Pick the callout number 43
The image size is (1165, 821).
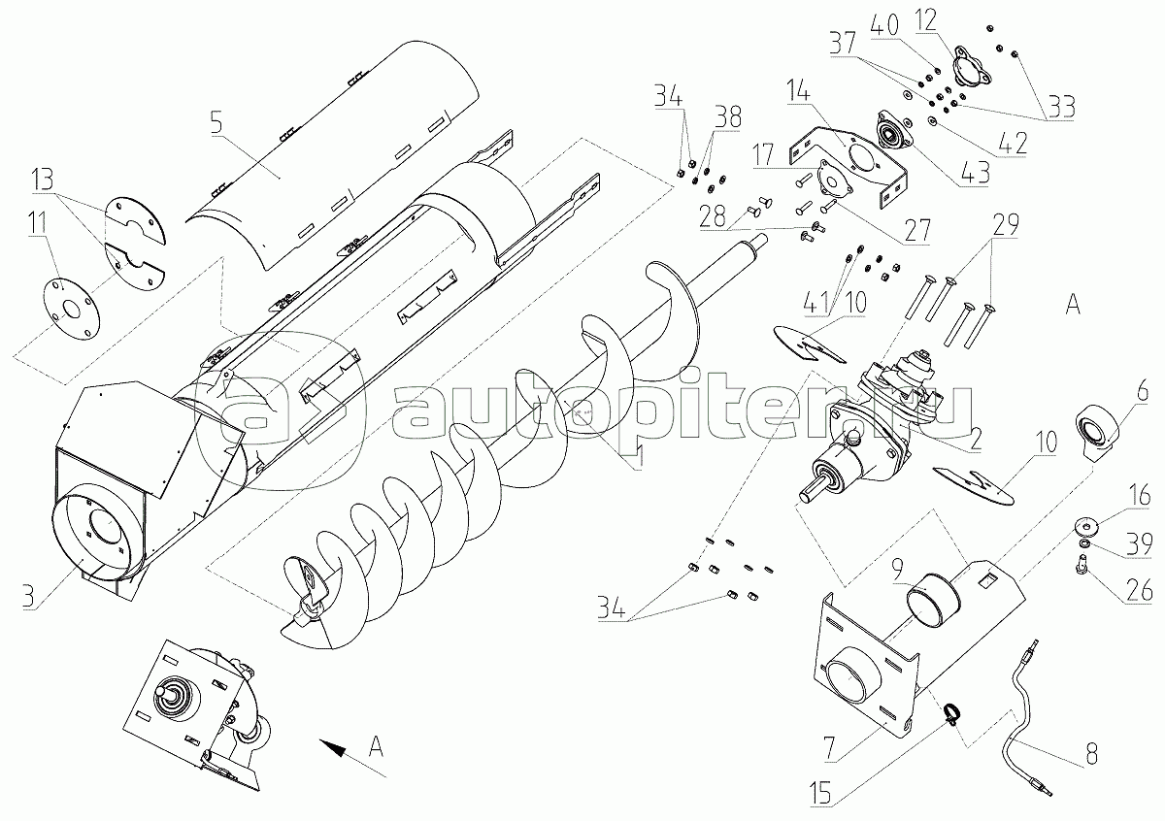(975, 173)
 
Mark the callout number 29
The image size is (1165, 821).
(1005, 224)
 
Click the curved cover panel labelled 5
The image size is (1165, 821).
(333, 156)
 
